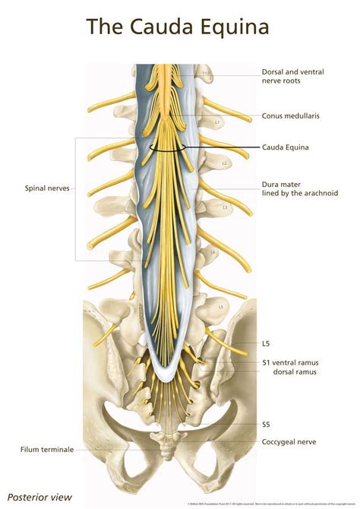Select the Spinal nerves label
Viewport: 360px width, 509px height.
pos(47,187)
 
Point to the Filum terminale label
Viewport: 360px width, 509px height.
pos(47,449)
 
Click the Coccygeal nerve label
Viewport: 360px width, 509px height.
pos(289,441)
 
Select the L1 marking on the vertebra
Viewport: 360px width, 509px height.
pos(217,122)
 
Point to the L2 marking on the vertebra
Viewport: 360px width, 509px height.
pos(224,163)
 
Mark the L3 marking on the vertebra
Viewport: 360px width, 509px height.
pos(225,207)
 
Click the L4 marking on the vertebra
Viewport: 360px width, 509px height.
pos(213,252)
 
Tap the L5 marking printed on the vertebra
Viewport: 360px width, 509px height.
pos(220,307)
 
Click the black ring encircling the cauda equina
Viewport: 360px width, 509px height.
pos(180,150)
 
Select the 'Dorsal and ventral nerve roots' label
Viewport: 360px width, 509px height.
pos(292,77)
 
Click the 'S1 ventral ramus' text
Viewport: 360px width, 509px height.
pos(289,362)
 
